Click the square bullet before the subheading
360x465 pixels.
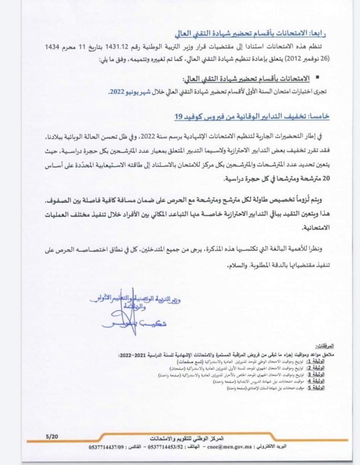(x=317, y=79)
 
